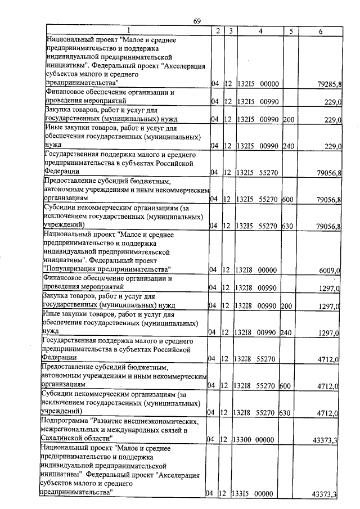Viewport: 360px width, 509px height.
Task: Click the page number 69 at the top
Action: (197, 21)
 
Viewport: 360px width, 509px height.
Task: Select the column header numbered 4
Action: (261, 31)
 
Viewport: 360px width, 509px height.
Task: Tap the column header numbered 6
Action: (320, 31)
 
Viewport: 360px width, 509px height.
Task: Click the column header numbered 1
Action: (128, 31)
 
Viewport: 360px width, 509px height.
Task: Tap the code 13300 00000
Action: (253, 439)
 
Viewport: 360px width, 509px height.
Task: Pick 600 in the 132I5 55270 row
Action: (289, 199)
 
